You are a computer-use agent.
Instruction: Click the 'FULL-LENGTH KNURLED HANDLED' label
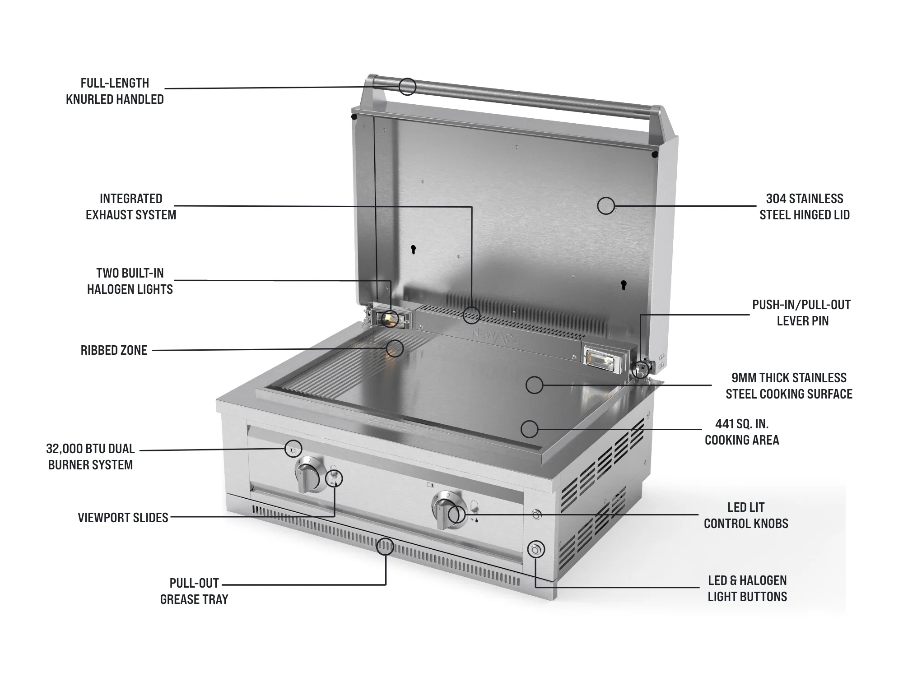[x=115, y=91]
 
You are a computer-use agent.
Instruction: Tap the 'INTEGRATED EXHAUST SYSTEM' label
[x=131, y=207]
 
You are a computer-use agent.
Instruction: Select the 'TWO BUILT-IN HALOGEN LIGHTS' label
[x=130, y=281]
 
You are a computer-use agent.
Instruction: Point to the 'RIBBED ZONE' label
[x=114, y=350]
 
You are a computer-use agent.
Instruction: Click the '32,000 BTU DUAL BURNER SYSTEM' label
[x=90, y=457]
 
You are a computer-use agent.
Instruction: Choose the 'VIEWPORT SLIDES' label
[x=123, y=518]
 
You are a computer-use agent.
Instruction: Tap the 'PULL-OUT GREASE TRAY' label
[x=194, y=591]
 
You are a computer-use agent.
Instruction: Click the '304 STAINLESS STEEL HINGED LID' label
[x=805, y=207]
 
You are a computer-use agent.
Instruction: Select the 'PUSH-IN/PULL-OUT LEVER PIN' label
[x=802, y=313]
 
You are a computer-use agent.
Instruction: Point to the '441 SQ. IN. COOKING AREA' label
[x=742, y=432]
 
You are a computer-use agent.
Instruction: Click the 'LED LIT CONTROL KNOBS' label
[x=746, y=515]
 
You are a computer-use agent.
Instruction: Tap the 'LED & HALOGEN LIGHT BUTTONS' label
[x=747, y=589]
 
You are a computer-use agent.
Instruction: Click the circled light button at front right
[x=535, y=549]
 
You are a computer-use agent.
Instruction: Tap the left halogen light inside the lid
[x=389, y=319]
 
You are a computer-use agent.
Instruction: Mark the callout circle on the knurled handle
[x=407, y=86]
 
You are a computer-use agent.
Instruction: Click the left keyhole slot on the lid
[x=413, y=249]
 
